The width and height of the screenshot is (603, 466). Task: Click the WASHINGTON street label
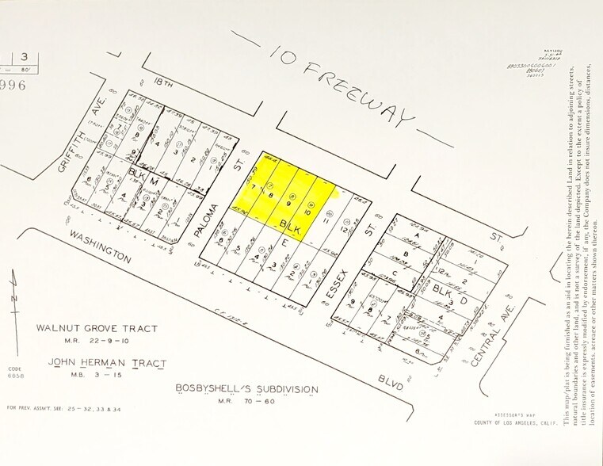(x=99, y=246)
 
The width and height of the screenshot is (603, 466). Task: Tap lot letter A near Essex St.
(x=414, y=235)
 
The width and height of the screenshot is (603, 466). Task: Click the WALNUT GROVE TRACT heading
(x=97, y=328)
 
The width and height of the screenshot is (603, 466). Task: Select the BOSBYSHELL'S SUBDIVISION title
(x=246, y=389)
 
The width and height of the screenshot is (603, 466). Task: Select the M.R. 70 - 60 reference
(x=246, y=402)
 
